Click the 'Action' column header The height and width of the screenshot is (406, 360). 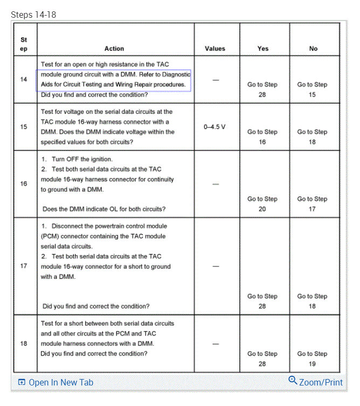114,49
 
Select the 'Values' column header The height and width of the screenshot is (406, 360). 215,49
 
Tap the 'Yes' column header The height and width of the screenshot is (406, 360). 263,49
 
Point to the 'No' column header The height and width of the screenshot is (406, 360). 313,49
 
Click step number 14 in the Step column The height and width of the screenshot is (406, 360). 24,79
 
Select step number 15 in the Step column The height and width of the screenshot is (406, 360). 24,127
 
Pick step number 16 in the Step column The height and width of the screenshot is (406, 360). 24,184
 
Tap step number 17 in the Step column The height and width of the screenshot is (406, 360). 24,266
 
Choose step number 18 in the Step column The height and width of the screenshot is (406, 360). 24,343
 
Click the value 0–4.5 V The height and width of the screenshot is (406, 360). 215,127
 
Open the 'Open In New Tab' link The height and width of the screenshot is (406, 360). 60,382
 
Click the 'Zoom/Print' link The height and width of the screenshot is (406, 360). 321,382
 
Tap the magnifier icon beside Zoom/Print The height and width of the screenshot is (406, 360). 293,381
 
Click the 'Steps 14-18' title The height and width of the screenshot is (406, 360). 33,15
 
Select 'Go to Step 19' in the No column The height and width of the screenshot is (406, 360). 313,359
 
